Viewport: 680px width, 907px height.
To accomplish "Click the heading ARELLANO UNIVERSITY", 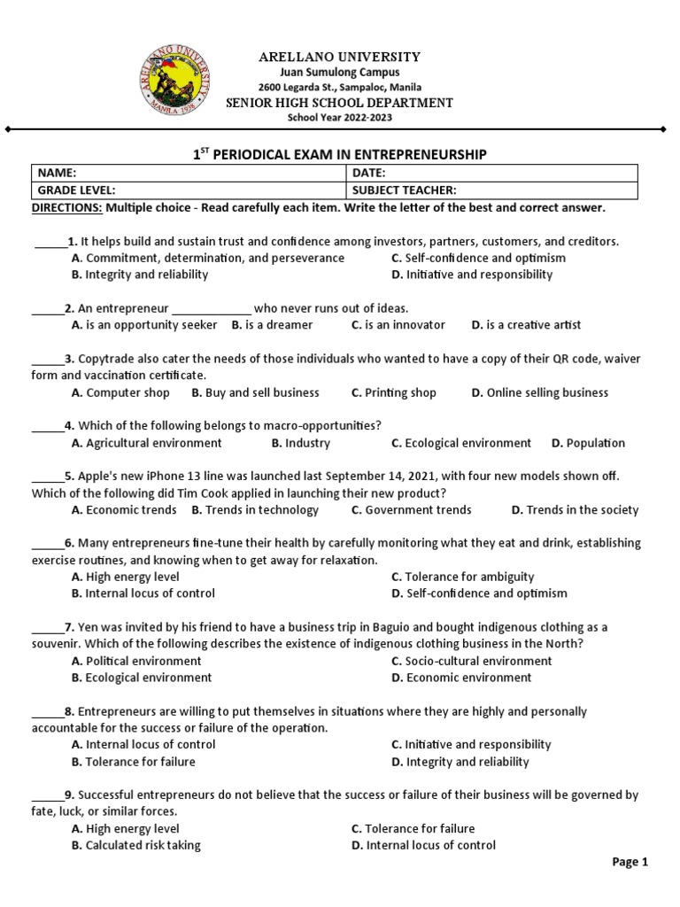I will (x=339, y=57).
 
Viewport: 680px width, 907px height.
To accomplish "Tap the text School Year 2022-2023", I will (x=339, y=118).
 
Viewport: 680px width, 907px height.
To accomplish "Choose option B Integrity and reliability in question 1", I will (x=140, y=275).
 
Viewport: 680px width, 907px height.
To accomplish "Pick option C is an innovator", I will (x=398, y=325).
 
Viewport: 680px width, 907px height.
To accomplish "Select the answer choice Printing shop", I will (x=394, y=392).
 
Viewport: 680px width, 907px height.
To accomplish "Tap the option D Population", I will (x=588, y=443).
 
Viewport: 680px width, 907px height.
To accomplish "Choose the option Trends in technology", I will (x=255, y=510).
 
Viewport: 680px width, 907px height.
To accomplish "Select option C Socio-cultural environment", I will (x=471, y=661).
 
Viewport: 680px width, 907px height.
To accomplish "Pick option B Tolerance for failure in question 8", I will (x=134, y=762).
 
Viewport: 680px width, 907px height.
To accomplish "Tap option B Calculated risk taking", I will (x=136, y=846).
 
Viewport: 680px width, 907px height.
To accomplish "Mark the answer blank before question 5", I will (x=47, y=477).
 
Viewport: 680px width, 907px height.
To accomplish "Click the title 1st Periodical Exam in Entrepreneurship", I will (x=339, y=154).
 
